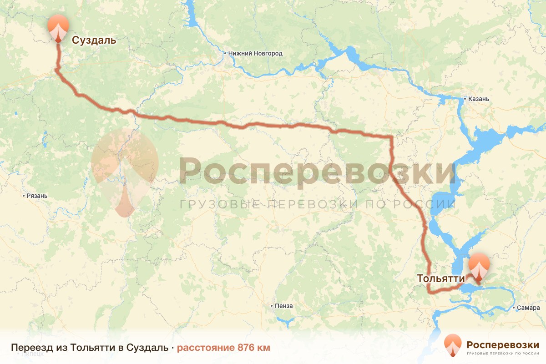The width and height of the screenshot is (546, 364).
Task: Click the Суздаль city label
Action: tap(94, 40)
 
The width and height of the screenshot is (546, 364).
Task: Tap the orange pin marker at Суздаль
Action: tap(58, 27)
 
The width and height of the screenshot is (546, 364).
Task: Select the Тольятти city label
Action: tap(441, 278)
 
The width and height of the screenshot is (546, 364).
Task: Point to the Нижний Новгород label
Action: tap(255, 54)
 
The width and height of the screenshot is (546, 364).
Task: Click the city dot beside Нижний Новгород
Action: tap(225, 53)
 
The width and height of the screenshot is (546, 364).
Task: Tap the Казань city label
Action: tap(478, 98)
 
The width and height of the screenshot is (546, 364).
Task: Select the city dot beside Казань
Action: tap(465, 98)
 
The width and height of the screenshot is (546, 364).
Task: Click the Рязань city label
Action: tap(38, 196)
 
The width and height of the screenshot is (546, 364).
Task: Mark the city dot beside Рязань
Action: tap(24, 196)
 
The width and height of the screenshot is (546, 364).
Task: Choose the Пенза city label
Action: tap(284, 306)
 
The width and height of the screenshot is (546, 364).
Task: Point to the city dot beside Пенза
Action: tap(272, 306)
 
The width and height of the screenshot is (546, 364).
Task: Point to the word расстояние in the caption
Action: tap(205, 348)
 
